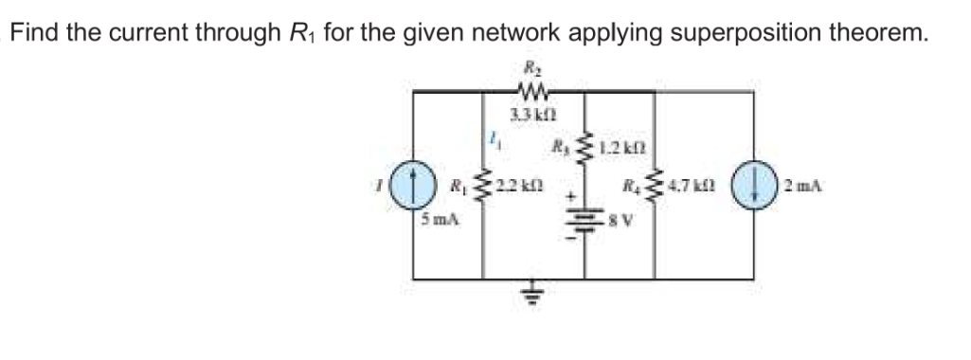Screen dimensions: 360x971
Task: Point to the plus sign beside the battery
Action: (571, 200)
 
